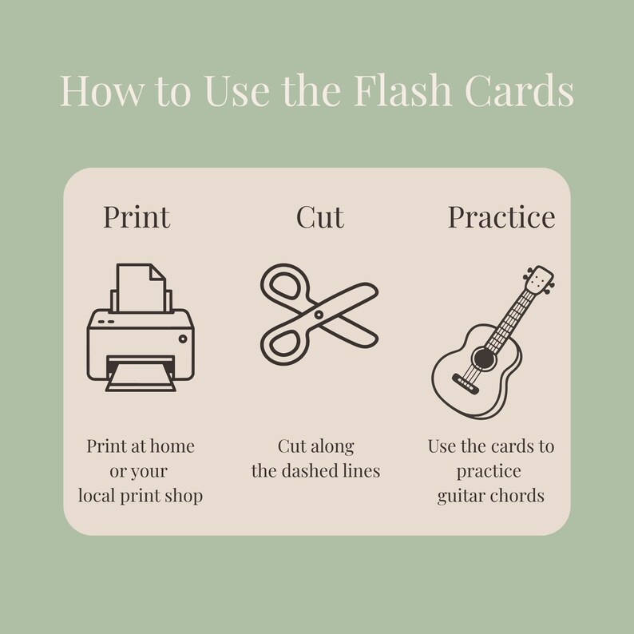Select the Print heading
pyautogui.click(x=137, y=216)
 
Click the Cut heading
pyautogui.click(x=319, y=216)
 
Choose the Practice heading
pyautogui.click(x=501, y=216)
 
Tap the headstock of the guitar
pyautogui.click(x=540, y=280)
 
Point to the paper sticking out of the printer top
pyautogui.click(x=141, y=287)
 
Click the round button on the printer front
pyautogui.click(x=183, y=339)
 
